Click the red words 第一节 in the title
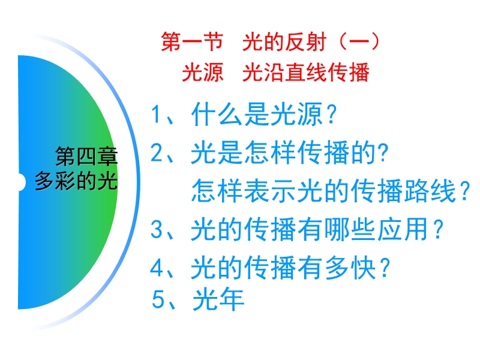click(x=192, y=41)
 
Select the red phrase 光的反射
click(x=284, y=41)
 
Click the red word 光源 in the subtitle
click(x=203, y=73)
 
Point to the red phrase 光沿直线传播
click(x=306, y=73)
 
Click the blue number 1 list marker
click(x=156, y=114)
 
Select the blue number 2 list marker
click(x=156, y=152)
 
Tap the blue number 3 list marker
click(x=156, y=229)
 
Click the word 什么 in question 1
click(x=217, y=114)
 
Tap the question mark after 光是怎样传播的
click(x=383, y=152)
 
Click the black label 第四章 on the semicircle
click(x=86, y=156)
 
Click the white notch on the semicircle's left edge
click(x=22, y=182)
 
